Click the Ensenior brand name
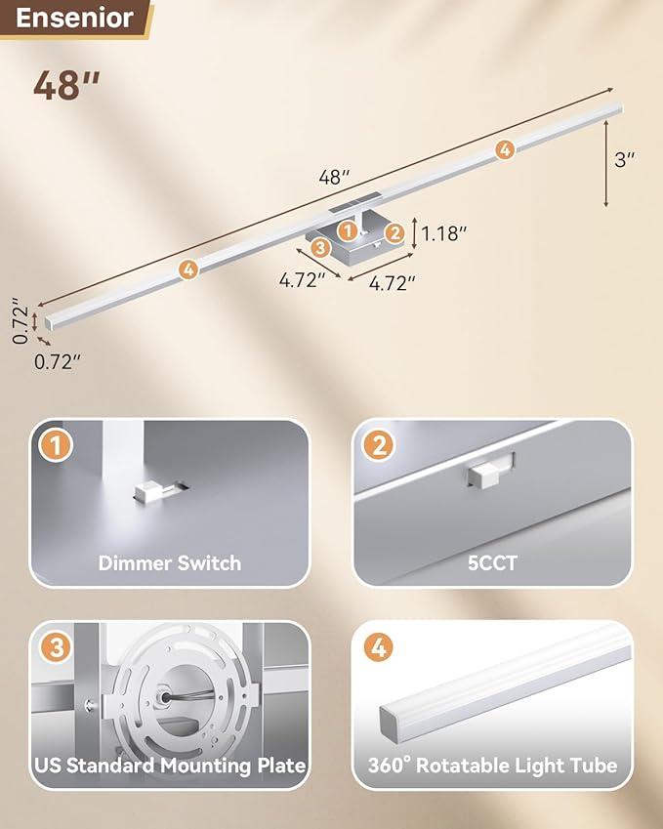pos(74,18)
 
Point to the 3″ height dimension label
pos(625,160)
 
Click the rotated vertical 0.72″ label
pos(18,322)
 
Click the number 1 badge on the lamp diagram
pos(346,230)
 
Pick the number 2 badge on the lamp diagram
pos(394,231)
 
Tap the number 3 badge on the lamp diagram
pos(319,248)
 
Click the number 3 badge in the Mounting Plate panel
pos(56,649)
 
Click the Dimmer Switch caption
pos(169,562)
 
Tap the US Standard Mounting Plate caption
pos(169,765)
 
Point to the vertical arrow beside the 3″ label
pos(606,161)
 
